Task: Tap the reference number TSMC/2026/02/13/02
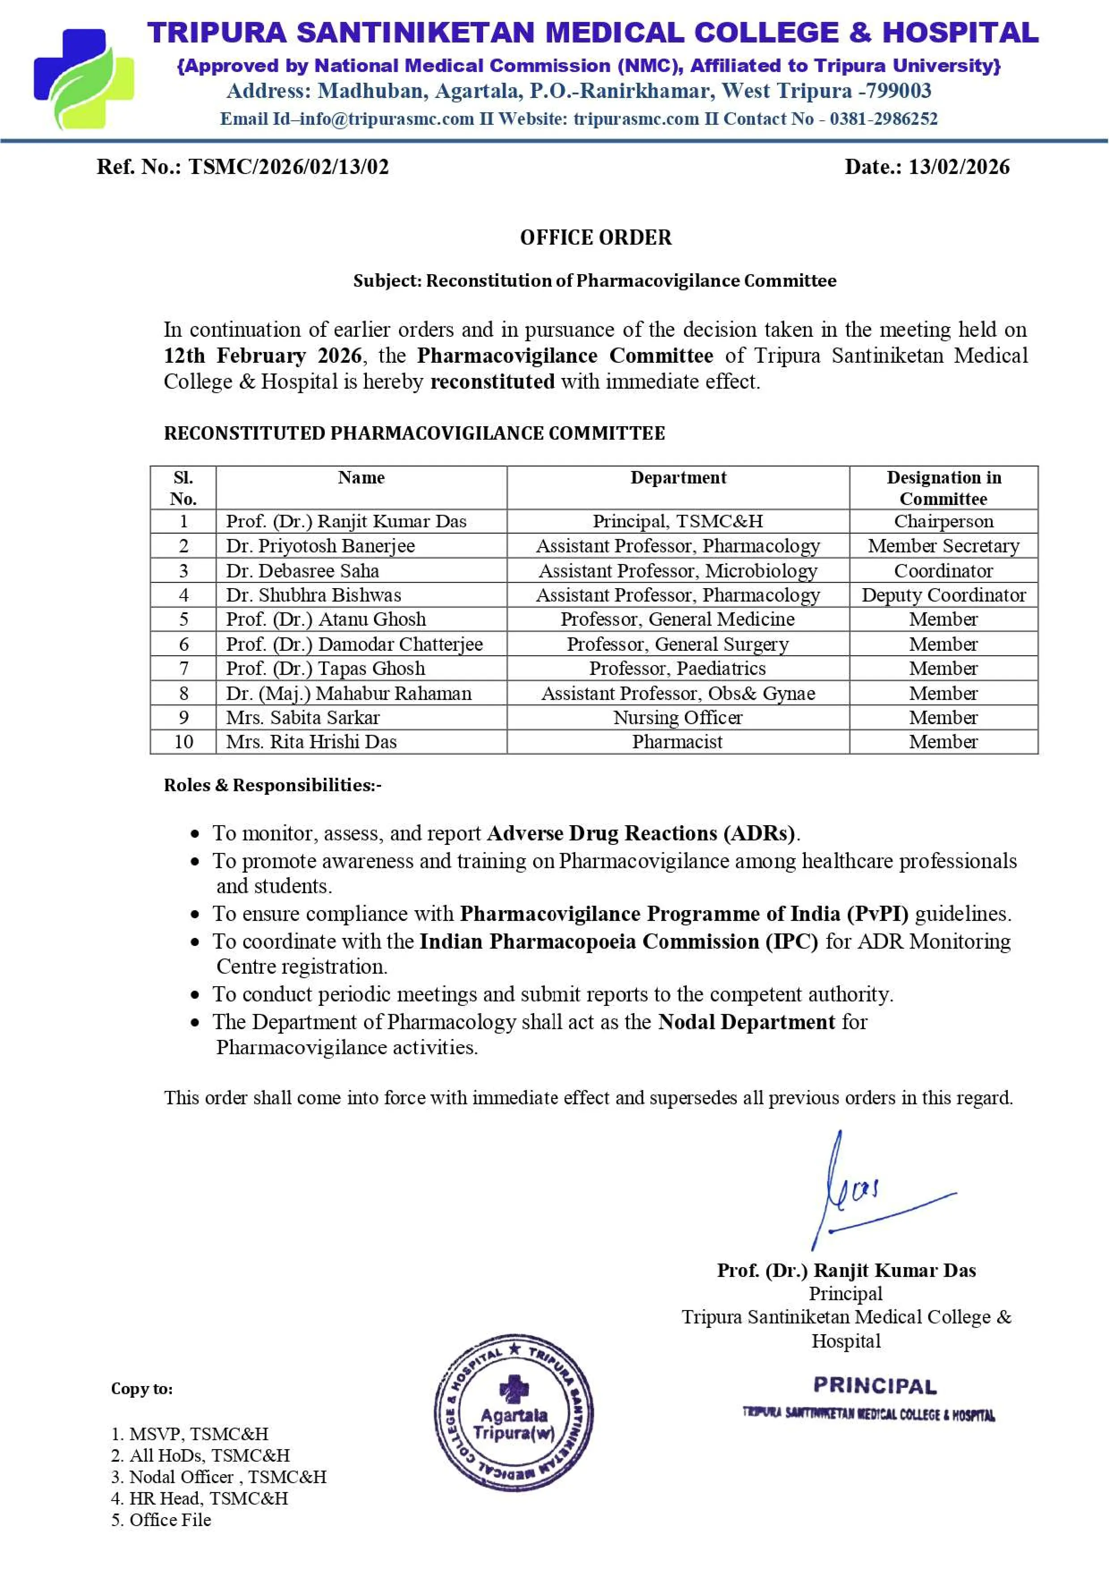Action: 289,167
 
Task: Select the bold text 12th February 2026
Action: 263,355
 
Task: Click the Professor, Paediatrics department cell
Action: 677,668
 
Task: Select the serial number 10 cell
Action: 183,742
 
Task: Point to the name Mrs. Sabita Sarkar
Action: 303,717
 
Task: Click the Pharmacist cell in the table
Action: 677,742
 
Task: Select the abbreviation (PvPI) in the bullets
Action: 877,914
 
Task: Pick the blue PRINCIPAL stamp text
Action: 875,1386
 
